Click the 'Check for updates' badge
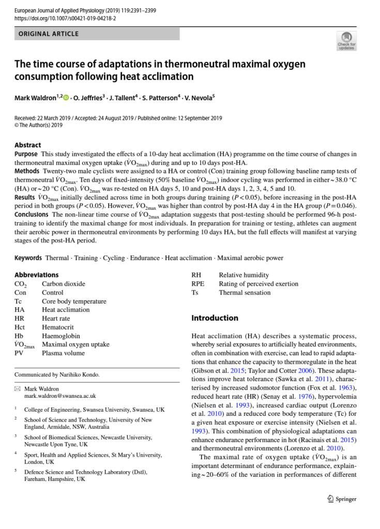tap(346, 41)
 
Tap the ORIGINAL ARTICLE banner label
tap(49, 34)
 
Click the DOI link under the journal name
tap(65, 18)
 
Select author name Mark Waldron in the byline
tap(36, 97)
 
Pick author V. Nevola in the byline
tap(197, 97)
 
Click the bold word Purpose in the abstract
tap(26, 154)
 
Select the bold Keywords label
tap(28, 258)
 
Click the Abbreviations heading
tap(37, 275)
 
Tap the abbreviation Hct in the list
tap(20, 327)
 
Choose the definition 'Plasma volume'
tap(63, 353)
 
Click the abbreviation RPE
tap(198, 284)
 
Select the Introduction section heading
tap(215, 318)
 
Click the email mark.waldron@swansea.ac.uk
tap(60, 396)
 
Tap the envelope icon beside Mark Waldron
tap(18, 388)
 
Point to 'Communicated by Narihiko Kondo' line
tap(57, 375)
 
